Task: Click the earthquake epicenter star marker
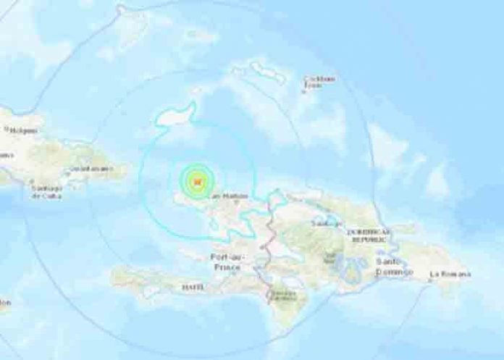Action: point(192,183)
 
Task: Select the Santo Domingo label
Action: point(395,265)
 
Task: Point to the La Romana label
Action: point(450,274)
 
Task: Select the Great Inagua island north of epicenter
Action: point(175,116)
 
